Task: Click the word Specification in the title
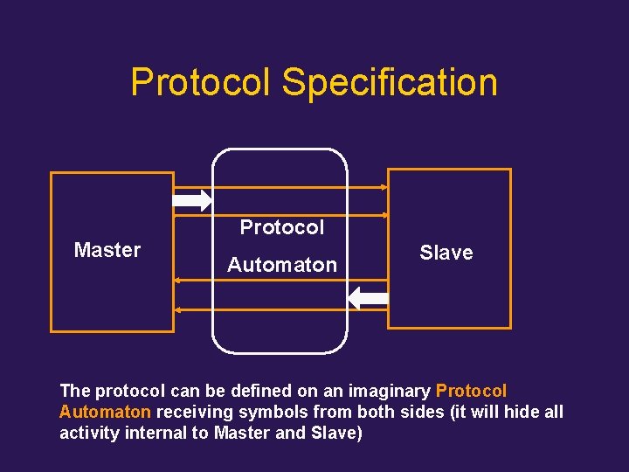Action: tap(390, 83)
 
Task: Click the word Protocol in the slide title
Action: tap(202, 82)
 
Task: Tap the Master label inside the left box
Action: tap(107, 250)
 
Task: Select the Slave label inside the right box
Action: tap(446, 253)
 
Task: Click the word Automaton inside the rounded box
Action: tap(282, 265)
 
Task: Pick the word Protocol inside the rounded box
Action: tap(282, 227)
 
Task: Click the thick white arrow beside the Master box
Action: tap(192, 201)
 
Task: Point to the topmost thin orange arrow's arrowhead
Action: tap(384, 187)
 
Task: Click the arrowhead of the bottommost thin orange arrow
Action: tap(177, 310)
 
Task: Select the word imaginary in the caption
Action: tap(391, 391)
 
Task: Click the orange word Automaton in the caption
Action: tap(105, 412)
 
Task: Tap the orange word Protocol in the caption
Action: tap(471, 391)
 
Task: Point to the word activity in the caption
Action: tap(88, 433)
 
